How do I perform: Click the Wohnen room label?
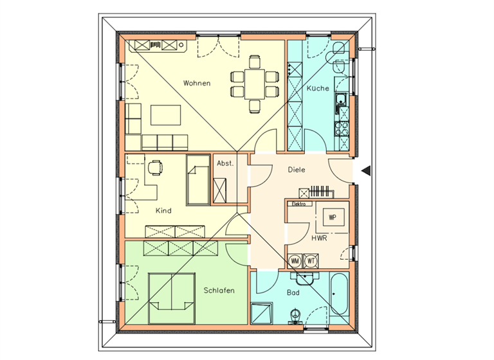click(x=196, y=83)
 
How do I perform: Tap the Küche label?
click(x=318, y=88)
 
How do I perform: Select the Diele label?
click(x=296, y=170)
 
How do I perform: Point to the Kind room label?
click(x=163, y=211)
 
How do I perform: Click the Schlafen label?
click(x=219, y=291)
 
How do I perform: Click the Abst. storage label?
click(x=224, y=163)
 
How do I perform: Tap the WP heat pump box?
click(x=333, y=217)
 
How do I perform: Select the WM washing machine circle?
click(x=295, y=261)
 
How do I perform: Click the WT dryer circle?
click(x=311, y=261)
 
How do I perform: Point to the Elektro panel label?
click(x=298, y=204)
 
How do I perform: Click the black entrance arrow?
click(x=365, y=170)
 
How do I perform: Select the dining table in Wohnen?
click(x=255, y=83)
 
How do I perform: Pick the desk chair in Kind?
click(x=154, y=168)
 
